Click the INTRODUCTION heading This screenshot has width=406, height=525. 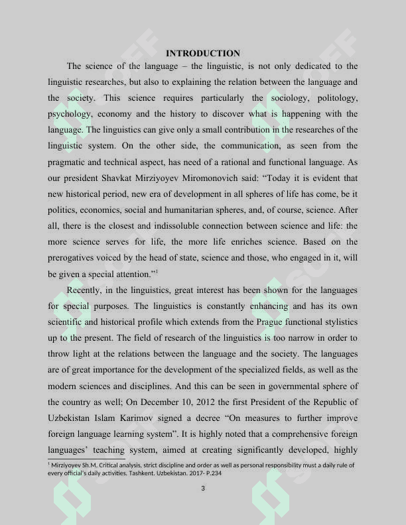[202, 53]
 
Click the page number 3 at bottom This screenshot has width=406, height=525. [203, 489]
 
